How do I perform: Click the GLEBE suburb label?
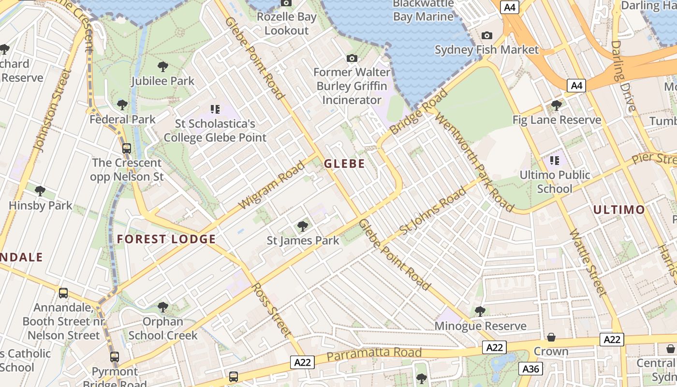[x=344, y=164]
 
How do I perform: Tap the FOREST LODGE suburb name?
[x=166, y=239]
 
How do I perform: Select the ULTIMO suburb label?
[x=618, y=209]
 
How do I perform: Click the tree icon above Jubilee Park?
[x=162, y=66]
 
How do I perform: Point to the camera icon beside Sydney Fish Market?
[x=486, y=36]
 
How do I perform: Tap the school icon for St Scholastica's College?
[x=215, y=109]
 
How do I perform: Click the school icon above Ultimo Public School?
[x=554, y=160]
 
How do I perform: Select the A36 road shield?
[x=530, y=369]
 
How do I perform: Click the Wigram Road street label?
[x=272, y=185]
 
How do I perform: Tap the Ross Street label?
[x=271, y=310]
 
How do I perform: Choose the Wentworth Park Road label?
[x=473, y=162]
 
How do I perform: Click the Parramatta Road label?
[x=374, y=354]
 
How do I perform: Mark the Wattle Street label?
[x=587, y=262]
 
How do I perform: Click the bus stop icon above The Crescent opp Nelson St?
[x=126, y=149]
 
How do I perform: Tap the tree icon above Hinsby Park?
[x=40, y=191]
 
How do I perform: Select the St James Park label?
[x=303, y=240]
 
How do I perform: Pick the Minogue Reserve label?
[x=480, y=326]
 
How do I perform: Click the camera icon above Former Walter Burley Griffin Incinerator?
[x=352, y=59]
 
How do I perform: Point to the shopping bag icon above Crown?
[x=551, y=337]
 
